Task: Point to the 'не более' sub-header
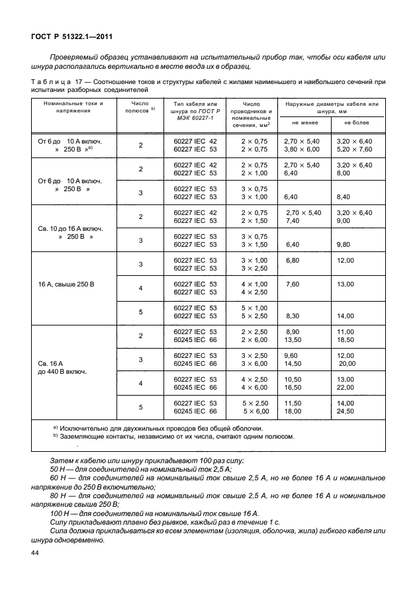[355, 122]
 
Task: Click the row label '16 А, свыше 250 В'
[68, 284]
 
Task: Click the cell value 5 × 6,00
[254, 411]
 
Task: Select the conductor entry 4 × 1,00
[254, 284]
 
